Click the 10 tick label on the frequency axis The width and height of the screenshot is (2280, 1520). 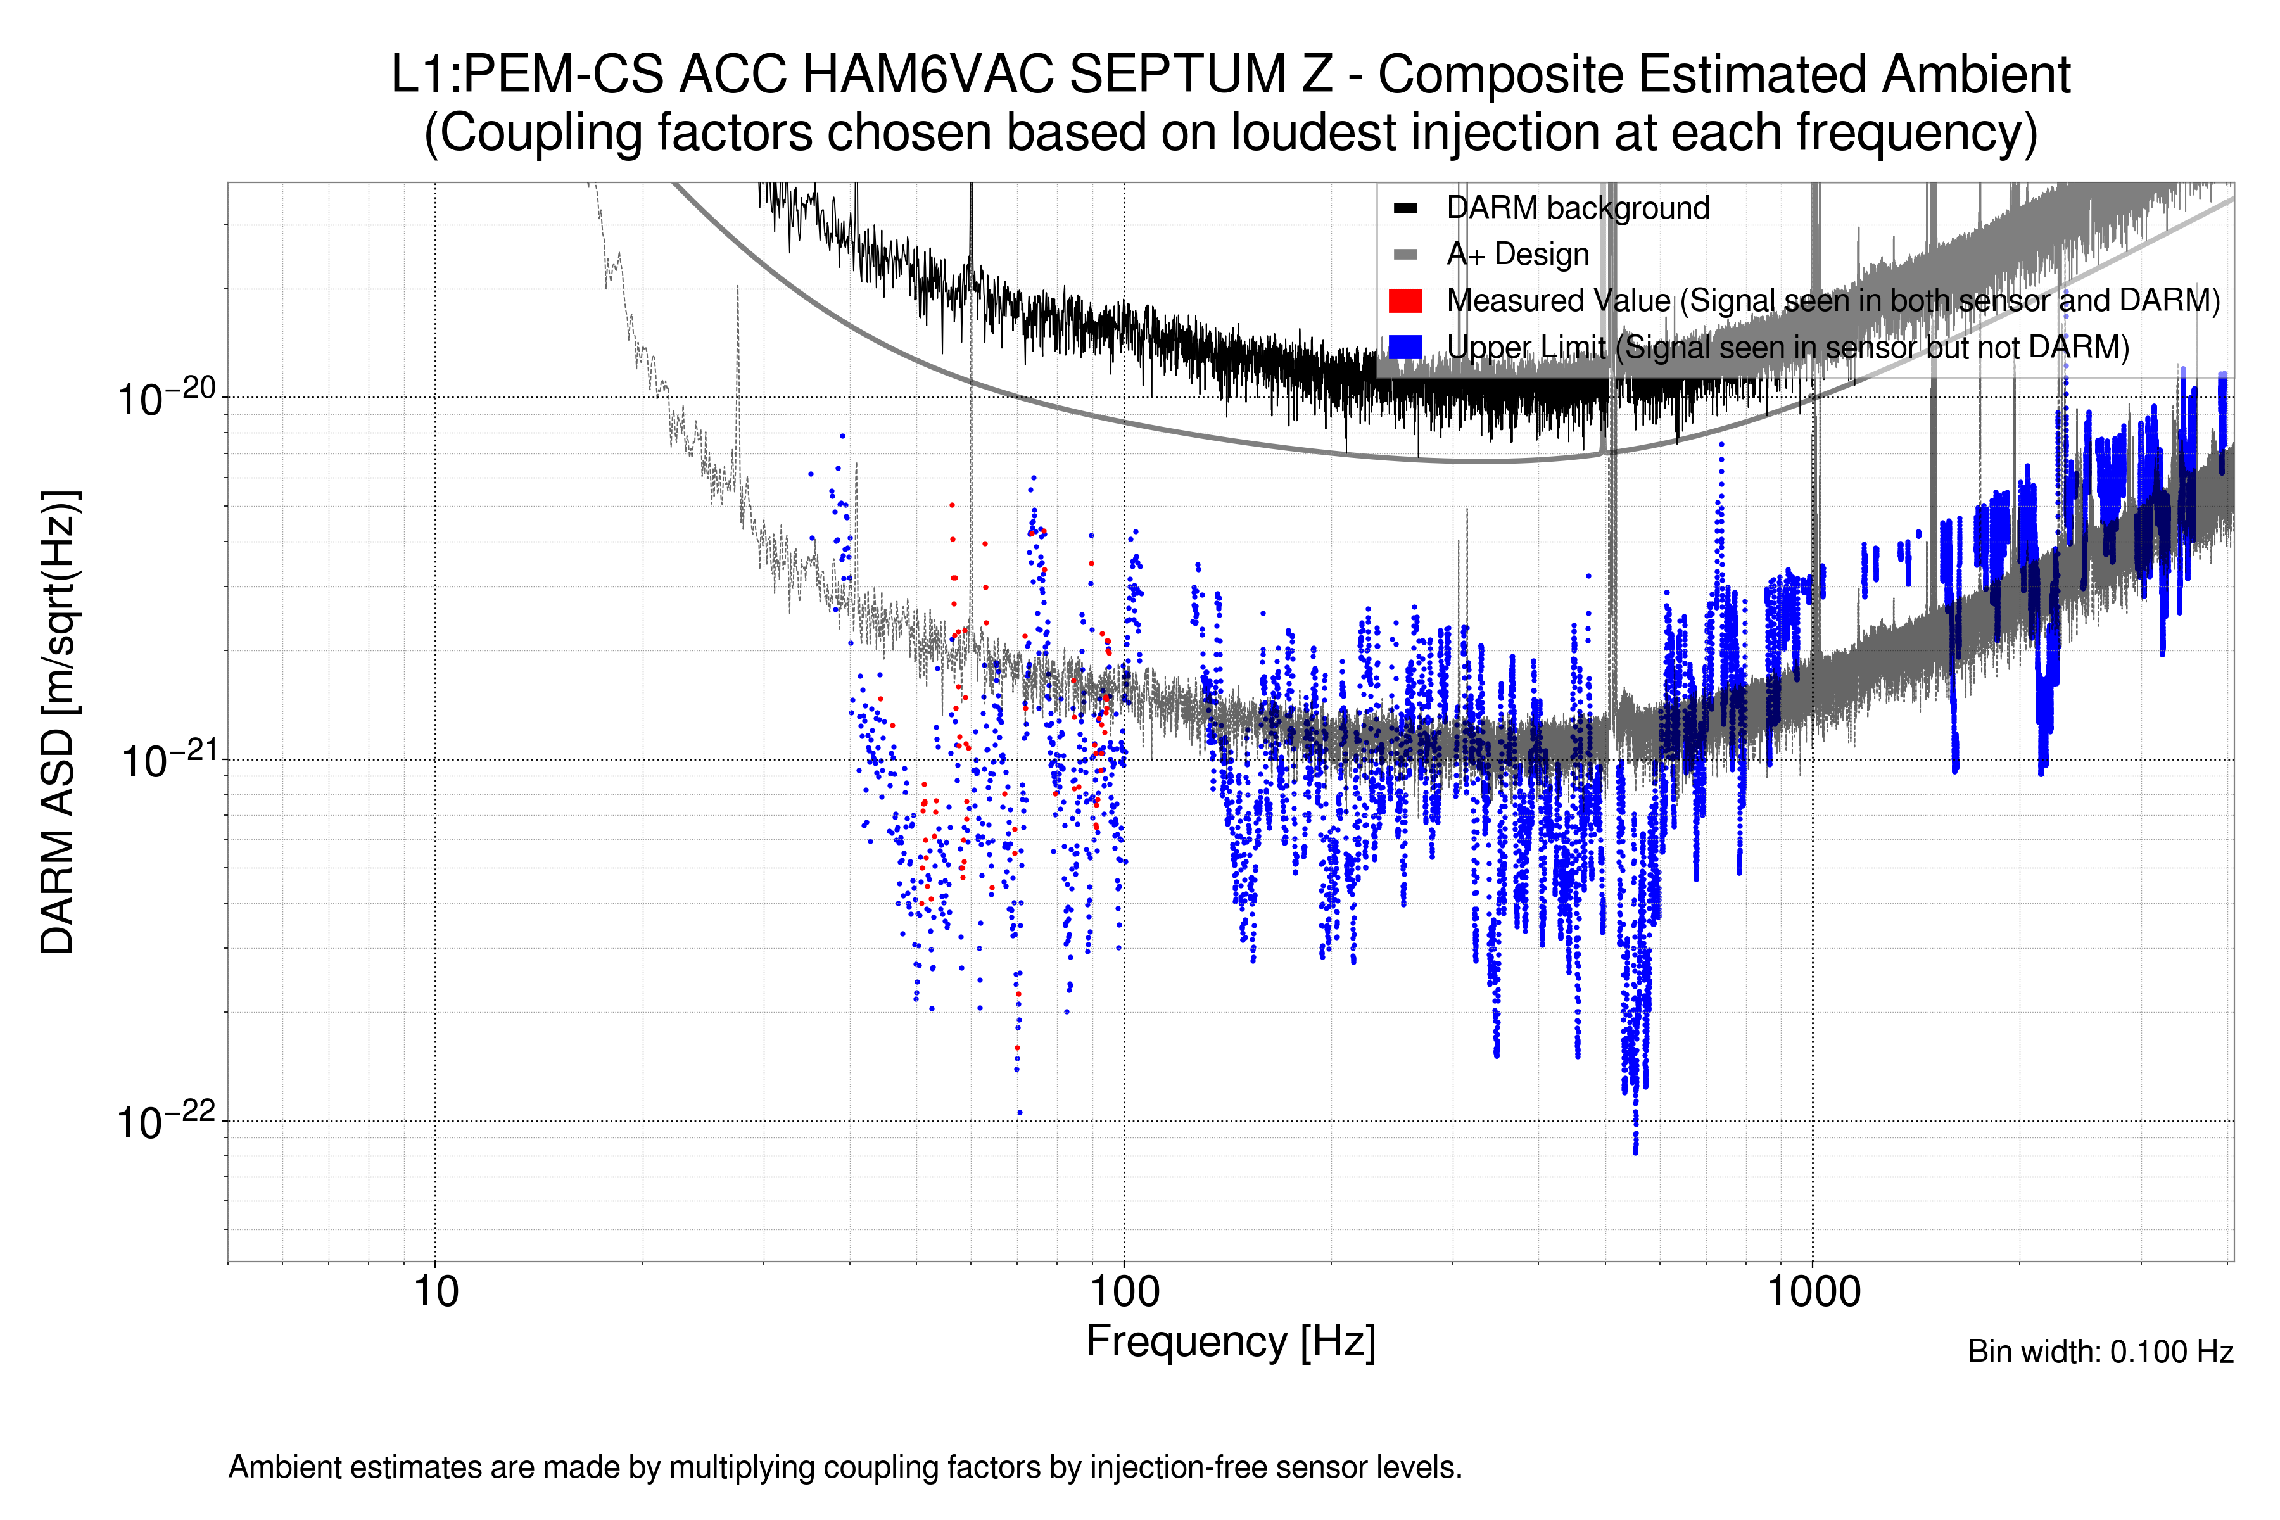tap(435, 1292)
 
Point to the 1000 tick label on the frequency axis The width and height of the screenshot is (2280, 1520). tap(1813, 1292)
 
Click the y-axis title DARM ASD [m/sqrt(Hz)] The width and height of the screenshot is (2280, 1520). tap(58, 722)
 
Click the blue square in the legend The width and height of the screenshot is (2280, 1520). tap(1405, 347)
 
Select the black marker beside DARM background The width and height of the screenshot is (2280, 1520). tap(1405, 208)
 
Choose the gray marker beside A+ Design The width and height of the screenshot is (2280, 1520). tap(1405, 255)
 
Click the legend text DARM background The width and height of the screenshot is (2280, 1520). tap(1577, 208)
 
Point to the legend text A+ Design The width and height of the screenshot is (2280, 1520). tap(1517, 255)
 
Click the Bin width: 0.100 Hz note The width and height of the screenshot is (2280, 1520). tap(2099, 1352)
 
